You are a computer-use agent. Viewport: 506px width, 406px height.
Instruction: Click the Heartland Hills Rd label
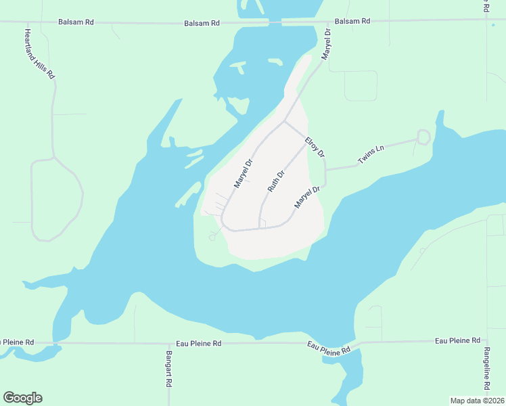pos(39,55)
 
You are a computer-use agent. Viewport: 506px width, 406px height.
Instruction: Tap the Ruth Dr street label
pos(276,181)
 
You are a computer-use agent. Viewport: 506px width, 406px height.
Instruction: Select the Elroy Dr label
pos(315,148)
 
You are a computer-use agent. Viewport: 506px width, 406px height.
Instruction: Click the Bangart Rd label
pos(169,369)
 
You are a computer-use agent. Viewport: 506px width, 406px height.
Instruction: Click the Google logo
pos(22,398)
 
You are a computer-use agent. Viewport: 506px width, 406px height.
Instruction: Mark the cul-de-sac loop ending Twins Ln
pos(423,137)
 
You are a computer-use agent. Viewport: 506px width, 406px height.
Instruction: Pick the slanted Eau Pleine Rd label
pos(329,348)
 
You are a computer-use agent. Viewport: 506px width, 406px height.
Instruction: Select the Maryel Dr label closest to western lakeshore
pos(243,173)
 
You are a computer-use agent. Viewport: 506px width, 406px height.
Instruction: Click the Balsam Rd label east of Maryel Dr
pos(353,21)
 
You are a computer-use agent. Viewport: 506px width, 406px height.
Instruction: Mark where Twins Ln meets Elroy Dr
pos(326,169)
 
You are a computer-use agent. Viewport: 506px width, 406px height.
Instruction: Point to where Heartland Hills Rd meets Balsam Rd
pos(25,22)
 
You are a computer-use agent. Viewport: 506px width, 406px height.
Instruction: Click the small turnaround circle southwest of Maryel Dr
pos(212,237)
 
